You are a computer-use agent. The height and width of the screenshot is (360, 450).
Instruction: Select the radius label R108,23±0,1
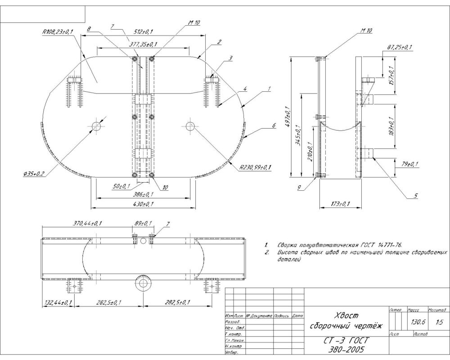tap(57, 32)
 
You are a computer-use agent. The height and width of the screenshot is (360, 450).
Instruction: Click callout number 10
tap(166, 188)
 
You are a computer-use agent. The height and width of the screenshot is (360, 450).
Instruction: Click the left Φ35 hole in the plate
tap(96, 126)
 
